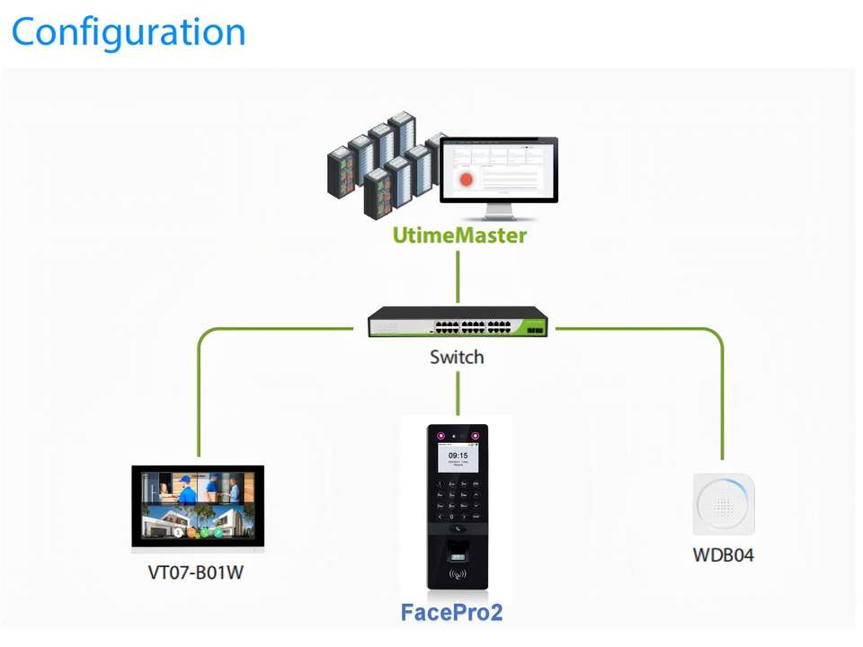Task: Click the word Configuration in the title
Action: point(128,32)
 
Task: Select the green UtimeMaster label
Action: point(459,236)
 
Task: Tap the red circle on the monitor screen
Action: point(467,179)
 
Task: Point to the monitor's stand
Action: point(500,212)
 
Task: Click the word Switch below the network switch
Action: point(457,357)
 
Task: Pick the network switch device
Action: point(458,323)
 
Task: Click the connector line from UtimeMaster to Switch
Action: point(458,277)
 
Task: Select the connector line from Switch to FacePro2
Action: point(458,392)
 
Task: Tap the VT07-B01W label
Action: point(195,572)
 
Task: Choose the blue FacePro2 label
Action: point(450,613)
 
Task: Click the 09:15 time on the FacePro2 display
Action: point(458,456)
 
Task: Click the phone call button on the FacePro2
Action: point(458,530)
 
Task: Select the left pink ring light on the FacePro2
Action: point(440,437)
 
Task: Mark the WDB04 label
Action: point(723,554)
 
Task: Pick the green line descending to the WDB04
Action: point(721,395)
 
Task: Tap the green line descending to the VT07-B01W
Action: point(198,395)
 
